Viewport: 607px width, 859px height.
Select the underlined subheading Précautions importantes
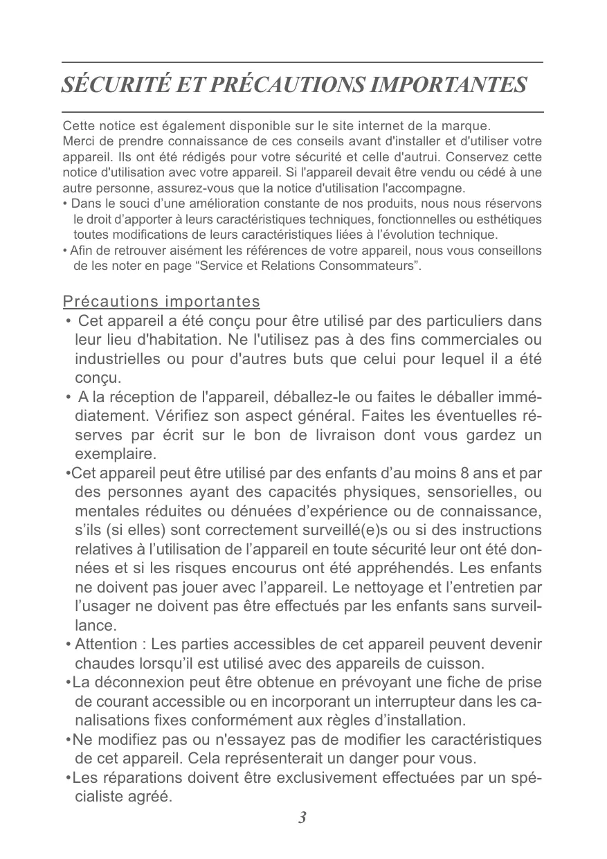[x=161, y=302]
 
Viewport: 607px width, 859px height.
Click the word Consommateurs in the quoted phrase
[x=368, y=266]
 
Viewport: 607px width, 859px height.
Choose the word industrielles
[x=118, y=360]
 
